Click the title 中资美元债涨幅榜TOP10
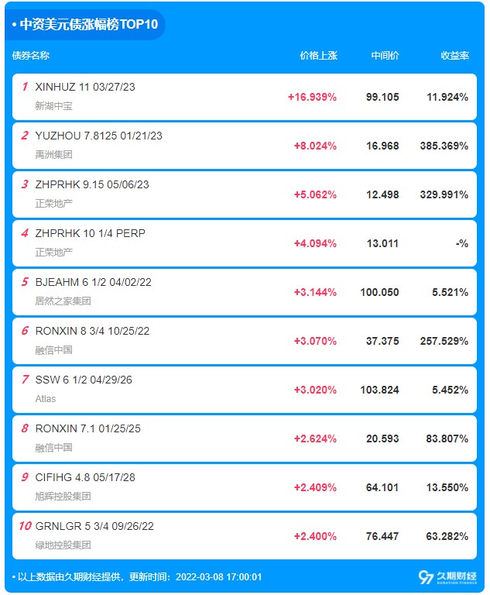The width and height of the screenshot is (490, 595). click(x=89, y=24)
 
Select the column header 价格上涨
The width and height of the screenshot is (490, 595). click(x=319, y=56)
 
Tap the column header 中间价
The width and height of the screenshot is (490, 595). click(x=385, y=56)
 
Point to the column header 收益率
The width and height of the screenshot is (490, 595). click(x=454, y=56)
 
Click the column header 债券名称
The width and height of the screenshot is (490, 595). click(x=31, y=56)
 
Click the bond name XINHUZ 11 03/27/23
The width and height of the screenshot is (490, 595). click(x=85, y=87)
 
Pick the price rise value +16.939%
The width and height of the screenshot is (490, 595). click(x=312, y=97)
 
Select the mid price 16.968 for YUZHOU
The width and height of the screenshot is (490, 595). click(x=382, y=146)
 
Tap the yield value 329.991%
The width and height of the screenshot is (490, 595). click(x=444, y=194)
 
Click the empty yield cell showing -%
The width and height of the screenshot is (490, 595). click(x=462, y=243)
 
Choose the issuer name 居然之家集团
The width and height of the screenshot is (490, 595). click(x=63, y=301)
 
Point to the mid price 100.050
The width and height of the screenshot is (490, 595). click(x=379, y=292)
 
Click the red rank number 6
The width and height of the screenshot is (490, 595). click(x=25, y=331)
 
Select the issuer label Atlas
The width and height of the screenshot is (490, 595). click(x=46, y=399)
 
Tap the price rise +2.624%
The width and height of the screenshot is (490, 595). click(x=315, y=439)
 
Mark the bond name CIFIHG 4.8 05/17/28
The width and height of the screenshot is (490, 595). click(x=85, y=477)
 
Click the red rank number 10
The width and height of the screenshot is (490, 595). click(x=25, y=526)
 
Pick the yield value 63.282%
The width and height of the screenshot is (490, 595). click(x=447, y=536)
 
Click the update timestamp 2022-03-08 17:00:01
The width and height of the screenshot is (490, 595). click(x=219, y=577)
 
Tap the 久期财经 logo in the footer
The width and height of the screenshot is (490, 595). click(x=447, y=577)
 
